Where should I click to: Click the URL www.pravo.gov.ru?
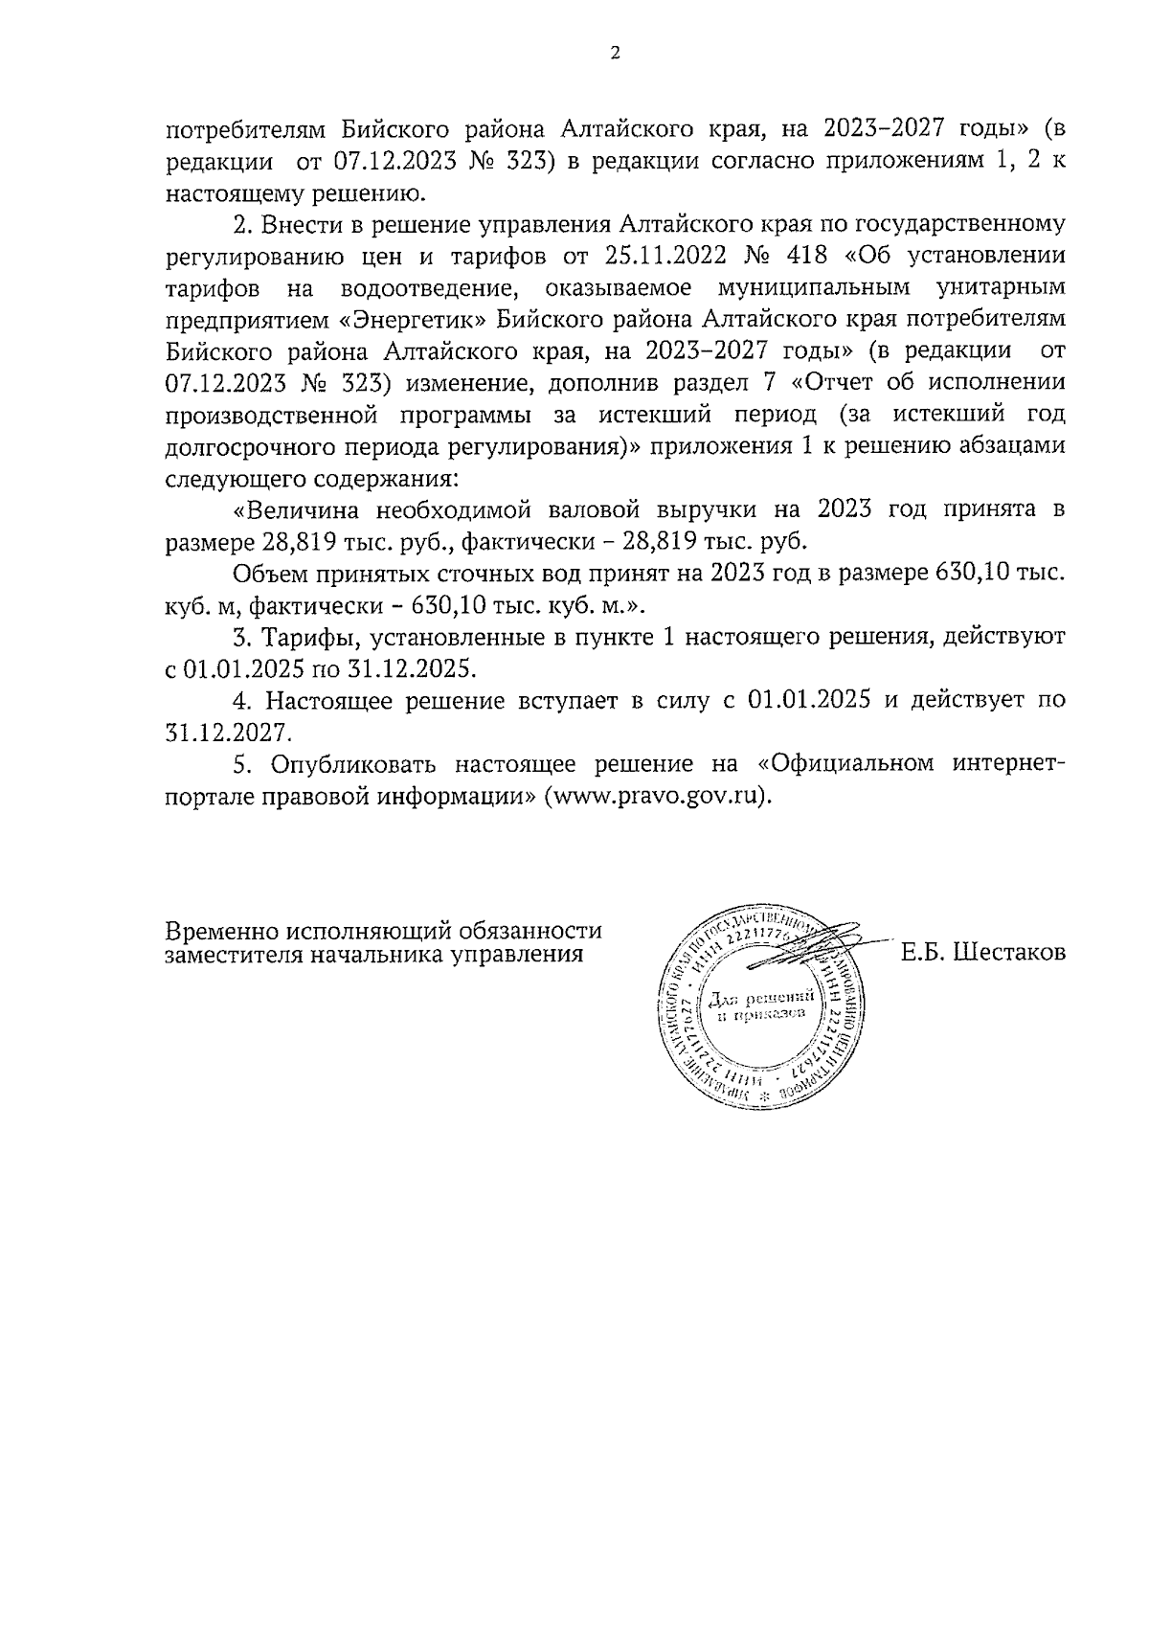coord(656,795)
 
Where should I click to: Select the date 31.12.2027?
coord(226,733)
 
